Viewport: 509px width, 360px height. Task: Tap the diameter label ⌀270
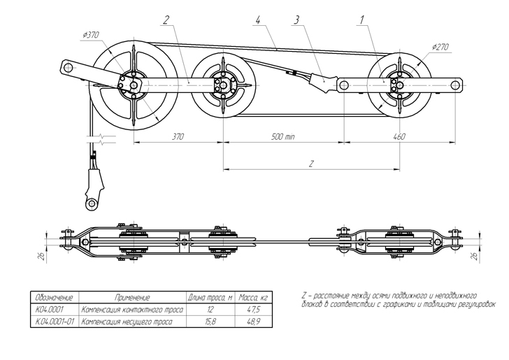pyautogui.click(x=440, y=47)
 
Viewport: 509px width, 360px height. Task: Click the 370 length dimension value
pyautogui.click(x=178, y=137)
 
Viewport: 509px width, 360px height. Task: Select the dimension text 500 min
pyautogui.click(x=285, y=137)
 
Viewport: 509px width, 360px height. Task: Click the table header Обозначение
pyautogui.click(x=54, y=298)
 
